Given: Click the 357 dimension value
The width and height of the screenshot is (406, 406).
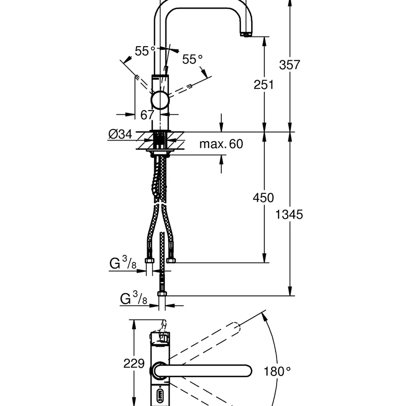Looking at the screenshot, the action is [289, 65].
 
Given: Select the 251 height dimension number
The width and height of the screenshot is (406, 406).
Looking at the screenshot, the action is [263, 85].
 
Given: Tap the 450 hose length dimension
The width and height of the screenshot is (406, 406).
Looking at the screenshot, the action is [263, 198].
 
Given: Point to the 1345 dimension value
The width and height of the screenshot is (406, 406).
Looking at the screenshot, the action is [289, 215].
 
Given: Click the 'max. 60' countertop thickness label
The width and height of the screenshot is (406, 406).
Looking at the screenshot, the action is [221, 144].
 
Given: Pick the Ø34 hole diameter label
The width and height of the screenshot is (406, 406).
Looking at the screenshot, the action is [120, 134].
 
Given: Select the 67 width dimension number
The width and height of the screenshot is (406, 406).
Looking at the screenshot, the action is [147, 115].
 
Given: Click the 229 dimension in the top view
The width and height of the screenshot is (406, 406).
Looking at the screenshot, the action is [134, 363].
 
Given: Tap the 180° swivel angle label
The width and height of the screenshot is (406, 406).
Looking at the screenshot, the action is [277, 371].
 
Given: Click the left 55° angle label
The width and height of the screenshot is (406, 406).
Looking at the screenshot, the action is [145, 51].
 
